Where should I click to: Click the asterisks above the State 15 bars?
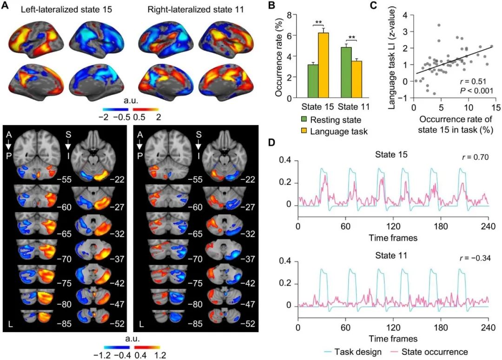tap(319, 22)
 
